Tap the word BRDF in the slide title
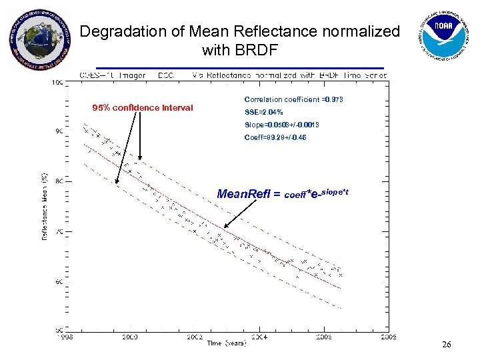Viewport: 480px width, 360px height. point(257,50)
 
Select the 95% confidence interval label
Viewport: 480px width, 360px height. point(143,108)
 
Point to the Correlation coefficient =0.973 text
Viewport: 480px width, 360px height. point(294,99)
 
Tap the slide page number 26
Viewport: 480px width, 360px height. point(447,345)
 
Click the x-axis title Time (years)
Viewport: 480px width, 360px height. point(227,343)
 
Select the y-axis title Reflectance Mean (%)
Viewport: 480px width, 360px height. point(45,207)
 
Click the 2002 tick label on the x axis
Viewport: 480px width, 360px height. point(195,337)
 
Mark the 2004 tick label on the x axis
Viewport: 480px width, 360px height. point(259,337)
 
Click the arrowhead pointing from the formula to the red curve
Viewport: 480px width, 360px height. point(225,229)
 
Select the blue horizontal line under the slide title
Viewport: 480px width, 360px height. point(240,68)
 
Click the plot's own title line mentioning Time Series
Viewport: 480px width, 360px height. point(233,75)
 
